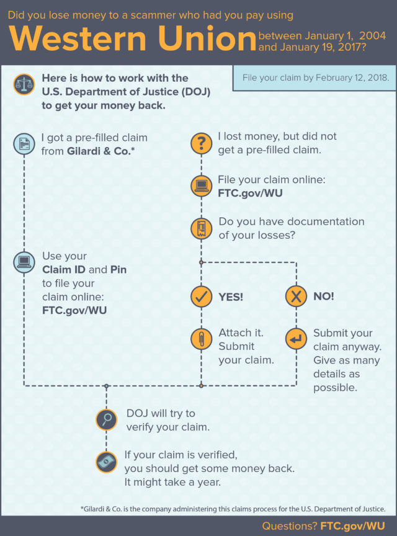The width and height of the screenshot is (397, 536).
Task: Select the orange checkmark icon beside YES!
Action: [201, 297]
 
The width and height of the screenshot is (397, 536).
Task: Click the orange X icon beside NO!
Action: [296, 297]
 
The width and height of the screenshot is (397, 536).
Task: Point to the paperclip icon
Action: [201, 339]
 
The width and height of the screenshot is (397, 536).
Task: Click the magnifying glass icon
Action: [107, 420]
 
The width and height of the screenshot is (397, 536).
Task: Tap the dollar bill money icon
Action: [107, 462]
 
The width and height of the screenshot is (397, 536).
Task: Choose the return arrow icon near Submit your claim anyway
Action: [296, 339]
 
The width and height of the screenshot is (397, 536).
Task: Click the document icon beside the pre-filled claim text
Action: [24, 145]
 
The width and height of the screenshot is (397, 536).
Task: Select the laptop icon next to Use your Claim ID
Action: [24, 262]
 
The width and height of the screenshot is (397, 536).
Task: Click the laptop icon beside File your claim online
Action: [201, 186]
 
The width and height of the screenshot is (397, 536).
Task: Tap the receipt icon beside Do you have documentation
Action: [201, 228]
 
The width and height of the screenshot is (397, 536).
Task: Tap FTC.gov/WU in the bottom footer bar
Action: [352, 526]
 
